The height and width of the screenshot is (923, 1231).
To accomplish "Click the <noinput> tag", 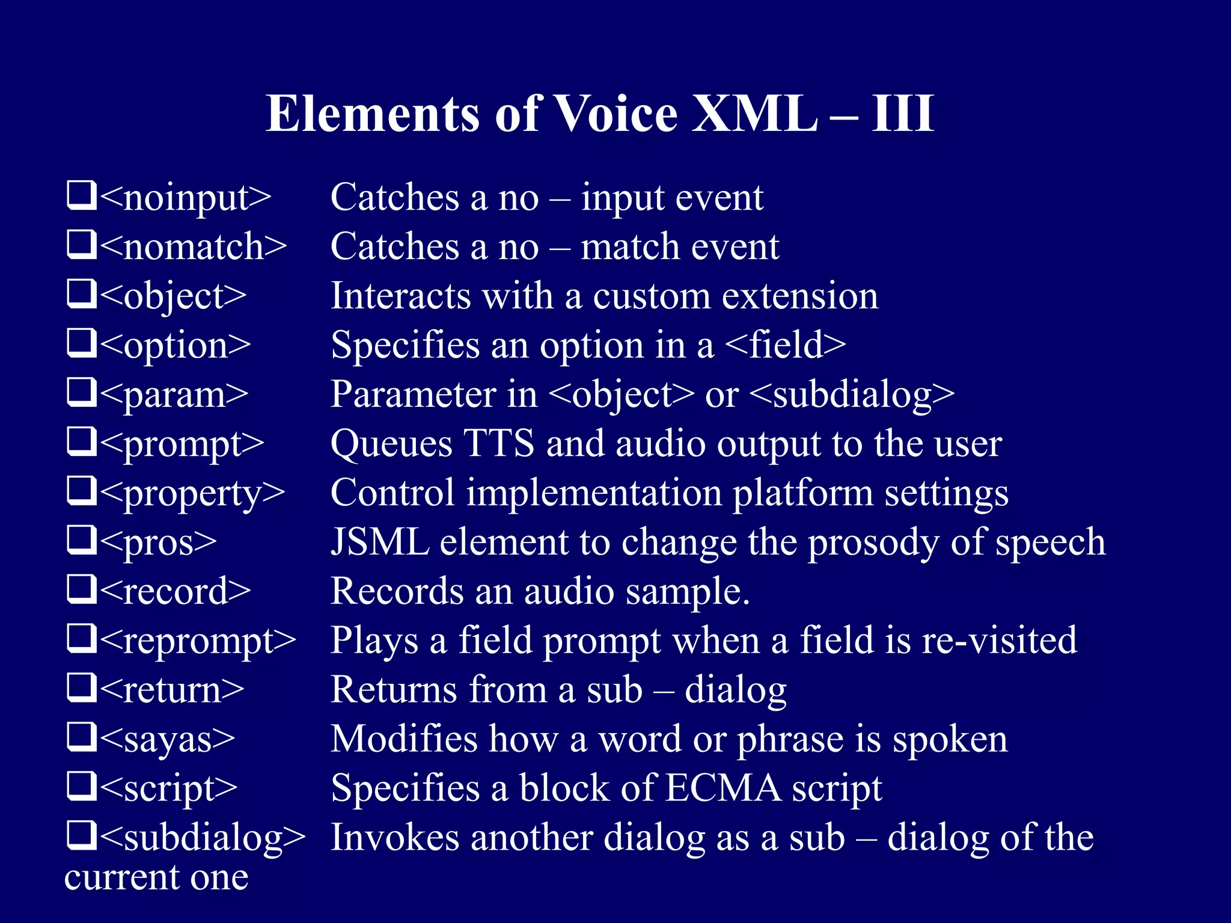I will (x=186, y=198).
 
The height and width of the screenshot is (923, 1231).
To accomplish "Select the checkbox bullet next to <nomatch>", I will (x=81, y=245).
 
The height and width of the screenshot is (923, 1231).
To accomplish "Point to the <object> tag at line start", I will (x=173, y=296).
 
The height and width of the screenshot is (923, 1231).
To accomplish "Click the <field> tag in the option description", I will (x=785, y=345).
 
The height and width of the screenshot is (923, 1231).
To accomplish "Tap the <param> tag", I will (x=174, y=395).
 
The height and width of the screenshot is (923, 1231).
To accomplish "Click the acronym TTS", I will (x=498, y=443).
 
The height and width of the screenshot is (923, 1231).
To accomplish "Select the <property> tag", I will (x=192, y=494).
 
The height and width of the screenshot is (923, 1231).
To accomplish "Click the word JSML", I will (x=380, y=542).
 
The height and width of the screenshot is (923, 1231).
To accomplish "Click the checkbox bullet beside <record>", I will (x=81, y=589).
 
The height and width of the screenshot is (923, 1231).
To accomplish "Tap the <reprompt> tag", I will (x=198, y=642).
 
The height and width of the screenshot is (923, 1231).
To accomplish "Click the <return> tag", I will (x=172, y=690).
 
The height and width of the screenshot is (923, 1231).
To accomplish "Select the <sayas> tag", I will (x=168, y=740).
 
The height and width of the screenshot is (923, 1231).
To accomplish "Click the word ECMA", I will (x=723, y=788).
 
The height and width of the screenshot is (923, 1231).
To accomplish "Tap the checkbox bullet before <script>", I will (x=81, y=785).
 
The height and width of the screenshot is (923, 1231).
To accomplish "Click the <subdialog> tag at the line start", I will (x=203, y=838).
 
